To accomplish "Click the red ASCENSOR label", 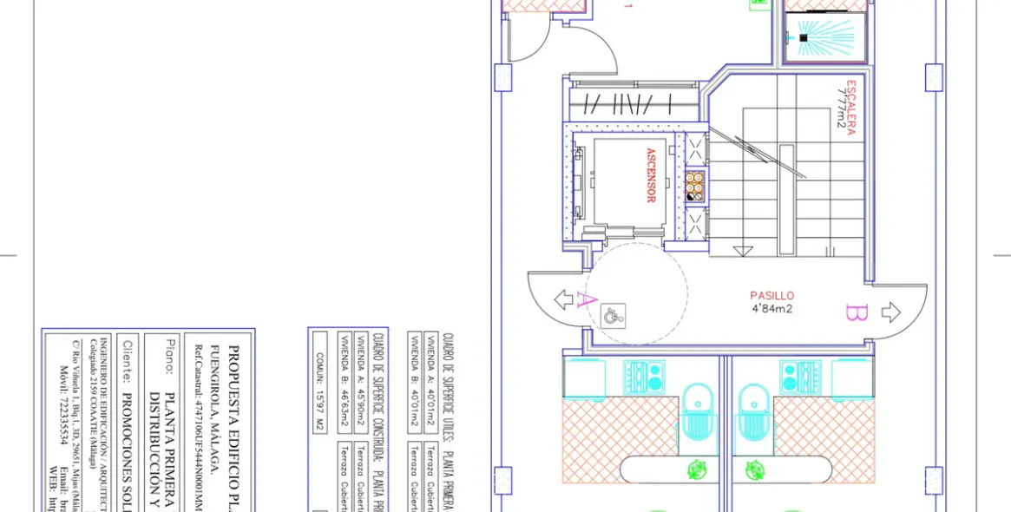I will pyautogui.click(x=650, y=174).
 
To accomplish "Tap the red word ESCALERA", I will pyautogui.click(x=851, y=108).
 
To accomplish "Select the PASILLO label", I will pyautogui.click(x=771, y=296).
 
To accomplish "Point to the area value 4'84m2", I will pyautogui.click(x=771, y=308).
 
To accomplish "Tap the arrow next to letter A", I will pyautogui.click(x=563, y=299).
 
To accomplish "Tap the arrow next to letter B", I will pyautogui.click(x=891, y=312).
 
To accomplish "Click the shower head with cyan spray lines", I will pyautogui.click(x=804, y=38).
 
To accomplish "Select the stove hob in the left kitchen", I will pyautogui.click(x=642, y=376).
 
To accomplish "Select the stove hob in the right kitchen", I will pyautogui.click(x=798, y=376).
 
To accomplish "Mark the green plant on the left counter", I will pyautogui.click(x=696, y=470).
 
